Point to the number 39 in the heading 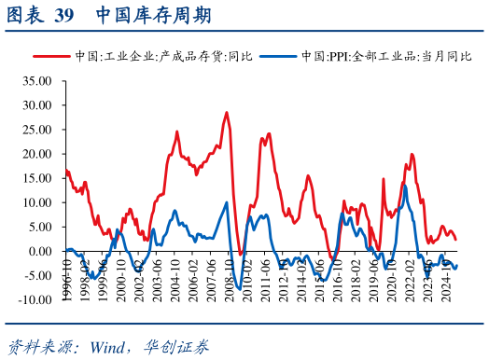pyautogui.click(x=64, y=16)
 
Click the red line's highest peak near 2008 pyautogui.click(x=226, y=113)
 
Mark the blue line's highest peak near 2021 pyautogui.click(x=405, y=187)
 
